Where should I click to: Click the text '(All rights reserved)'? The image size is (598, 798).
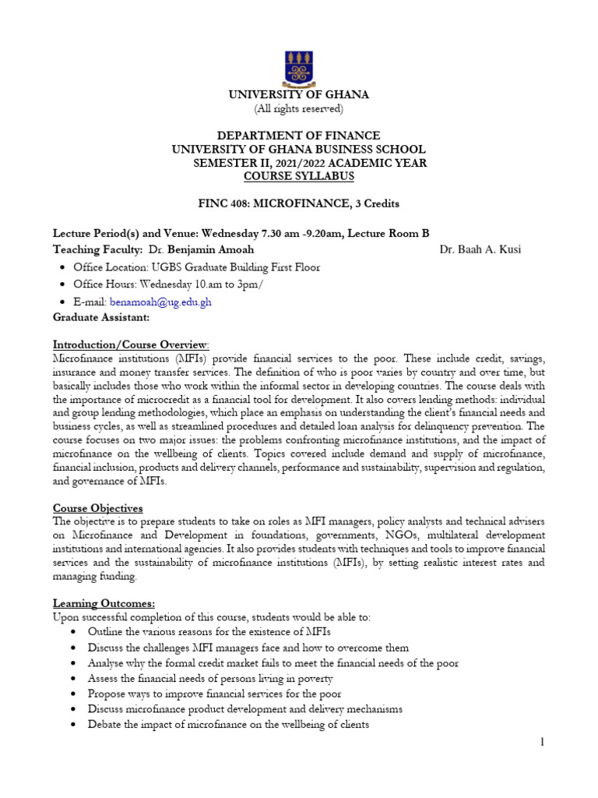click(x=298, y=108)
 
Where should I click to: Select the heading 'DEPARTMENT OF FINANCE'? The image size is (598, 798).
click(x=298, y=136)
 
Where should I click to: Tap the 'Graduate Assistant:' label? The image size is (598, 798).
click(x=100, y=318)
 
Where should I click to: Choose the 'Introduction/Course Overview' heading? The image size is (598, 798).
click(x=131, y=344)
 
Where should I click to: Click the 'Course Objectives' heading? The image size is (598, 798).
click(x=97, y=508)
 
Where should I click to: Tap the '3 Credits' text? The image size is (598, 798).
click(x=376, y=204)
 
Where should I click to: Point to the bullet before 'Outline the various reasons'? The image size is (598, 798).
click(x=72, y=631)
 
